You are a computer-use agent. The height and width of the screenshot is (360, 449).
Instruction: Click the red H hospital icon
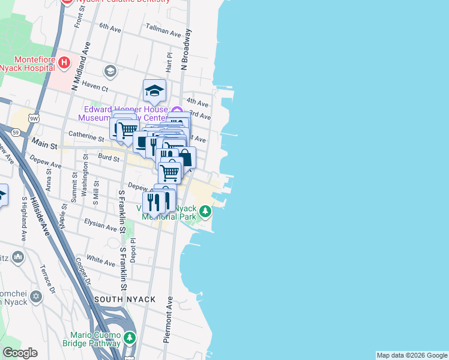click(x=65, y=62)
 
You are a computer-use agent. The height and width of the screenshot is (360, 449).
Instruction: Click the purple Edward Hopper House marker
click(x=176, y=110)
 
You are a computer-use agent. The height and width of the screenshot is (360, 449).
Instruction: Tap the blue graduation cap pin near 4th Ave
click(x=154, y=91)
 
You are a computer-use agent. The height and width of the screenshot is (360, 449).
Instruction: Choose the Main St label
click(x=44, y=145)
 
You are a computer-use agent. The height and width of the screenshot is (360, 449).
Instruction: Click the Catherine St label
click(x=86, y=136)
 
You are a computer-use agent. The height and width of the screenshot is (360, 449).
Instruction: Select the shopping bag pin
click(x=185, y=158)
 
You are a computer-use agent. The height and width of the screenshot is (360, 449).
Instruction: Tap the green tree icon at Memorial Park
click(x=205, y=211)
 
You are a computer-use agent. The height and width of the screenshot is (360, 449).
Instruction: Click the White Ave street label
click(x=100, y=260)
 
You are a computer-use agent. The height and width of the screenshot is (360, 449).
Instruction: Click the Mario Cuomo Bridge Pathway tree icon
click(x=129, y=338)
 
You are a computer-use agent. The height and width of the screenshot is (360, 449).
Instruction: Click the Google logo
click(x=20, y=353)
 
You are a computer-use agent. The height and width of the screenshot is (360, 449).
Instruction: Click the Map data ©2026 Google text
click(x=412, y=355)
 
